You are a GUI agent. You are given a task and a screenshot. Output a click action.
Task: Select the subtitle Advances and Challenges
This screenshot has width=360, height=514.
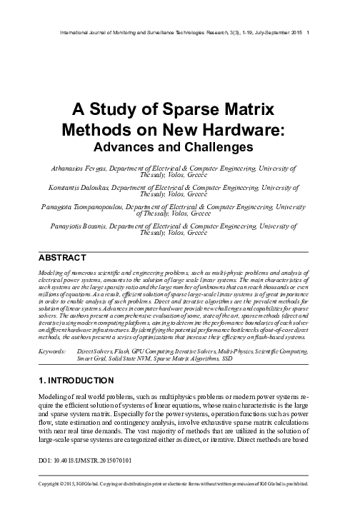180,146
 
